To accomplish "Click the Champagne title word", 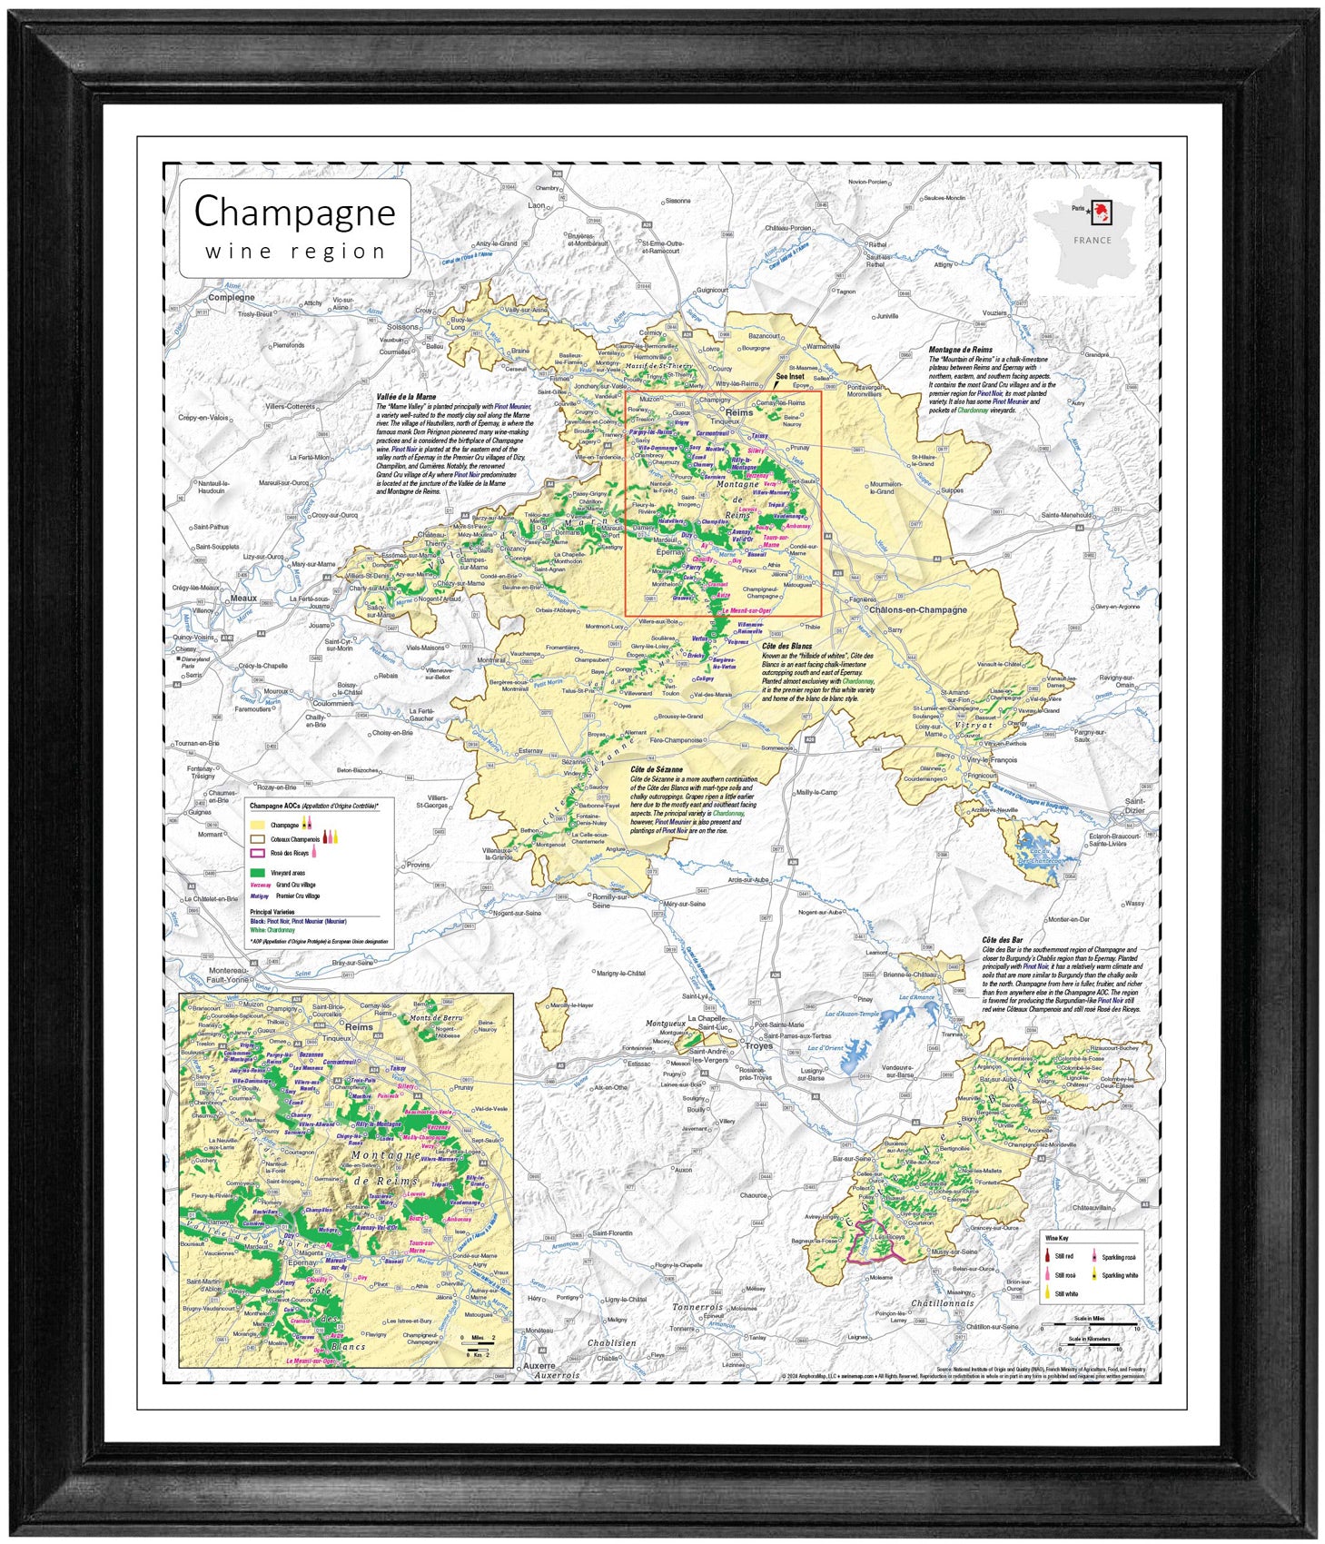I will click(294, 213).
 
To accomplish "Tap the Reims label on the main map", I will click(738, 412).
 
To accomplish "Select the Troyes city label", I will click(758, 1045).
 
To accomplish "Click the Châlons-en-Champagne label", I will click(917, 609).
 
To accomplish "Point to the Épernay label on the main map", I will click(670, 551).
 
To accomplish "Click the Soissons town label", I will click(403, 327).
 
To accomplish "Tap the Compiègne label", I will click(232, 297).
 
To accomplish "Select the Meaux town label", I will click(243, 599).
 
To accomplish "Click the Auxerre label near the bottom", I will click(539, 1365).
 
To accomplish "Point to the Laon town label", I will click(537, 205).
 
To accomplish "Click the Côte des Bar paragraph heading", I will click(1002, 940).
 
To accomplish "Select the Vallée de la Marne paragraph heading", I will click(406, 397).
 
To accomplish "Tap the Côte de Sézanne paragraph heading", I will click(656, 768).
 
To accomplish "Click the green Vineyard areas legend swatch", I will click(257, 872).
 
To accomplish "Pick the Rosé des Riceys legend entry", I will click(289, 853).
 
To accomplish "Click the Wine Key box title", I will click(1056, 1238).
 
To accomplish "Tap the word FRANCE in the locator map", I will click(1092, 241).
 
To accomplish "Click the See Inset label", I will click(789, 376).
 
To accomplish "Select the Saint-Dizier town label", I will click(1134, 806).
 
